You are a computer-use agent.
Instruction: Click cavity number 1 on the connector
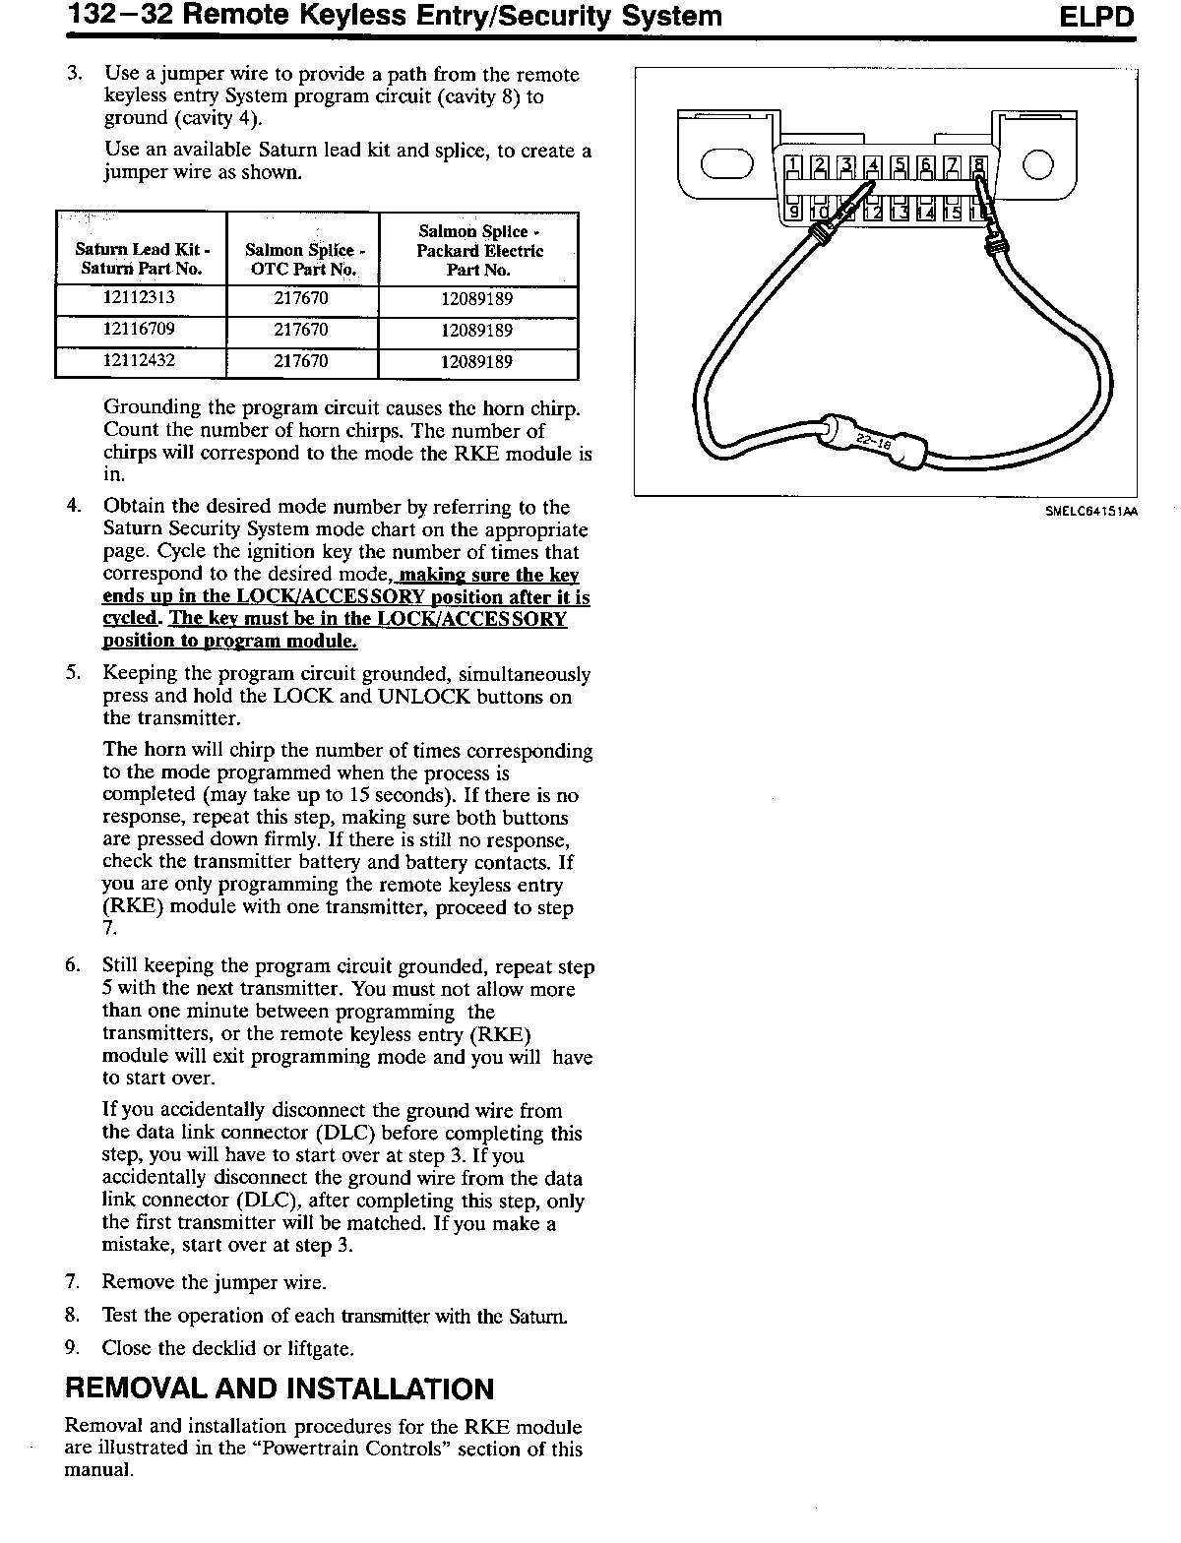point(793,166)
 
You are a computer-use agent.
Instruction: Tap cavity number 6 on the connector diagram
point(924,166)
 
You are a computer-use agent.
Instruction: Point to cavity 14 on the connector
point(925,211)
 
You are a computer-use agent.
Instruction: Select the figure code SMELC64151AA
point(1091,511)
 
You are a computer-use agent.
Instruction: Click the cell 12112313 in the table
point(140,298)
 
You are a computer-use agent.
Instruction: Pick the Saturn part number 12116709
point(140,330)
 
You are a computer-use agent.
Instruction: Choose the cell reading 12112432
point(140,361)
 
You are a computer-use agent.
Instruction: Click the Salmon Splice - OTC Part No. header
point(301,260)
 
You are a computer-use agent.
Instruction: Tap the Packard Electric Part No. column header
point(477,250)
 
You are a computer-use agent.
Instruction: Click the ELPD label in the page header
point(1097,18)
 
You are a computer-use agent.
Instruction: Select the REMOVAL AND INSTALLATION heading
point(280,1389)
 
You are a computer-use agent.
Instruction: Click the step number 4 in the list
point(73,507)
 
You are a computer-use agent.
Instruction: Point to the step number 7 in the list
point(72,1282)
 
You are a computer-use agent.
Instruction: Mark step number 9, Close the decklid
point(72,1348)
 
